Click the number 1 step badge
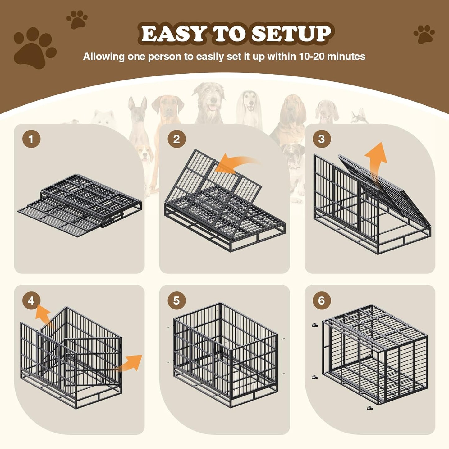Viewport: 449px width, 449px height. (31, 139)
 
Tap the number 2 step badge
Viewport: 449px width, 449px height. (176, 139)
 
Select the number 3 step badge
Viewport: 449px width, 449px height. (322, 139)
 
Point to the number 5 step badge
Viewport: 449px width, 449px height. (176, 300)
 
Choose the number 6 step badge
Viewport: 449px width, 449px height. (322, 300)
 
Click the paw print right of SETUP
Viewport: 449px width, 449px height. (424, 34)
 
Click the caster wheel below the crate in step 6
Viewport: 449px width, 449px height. (369, 408)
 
